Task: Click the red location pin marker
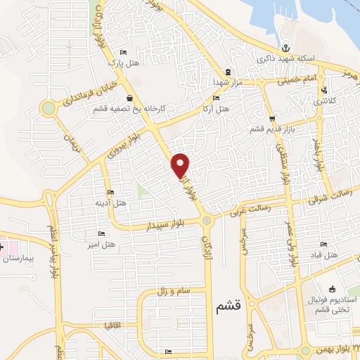[181, 165]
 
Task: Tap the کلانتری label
[323, 101]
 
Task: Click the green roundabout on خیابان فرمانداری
[48, 108]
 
